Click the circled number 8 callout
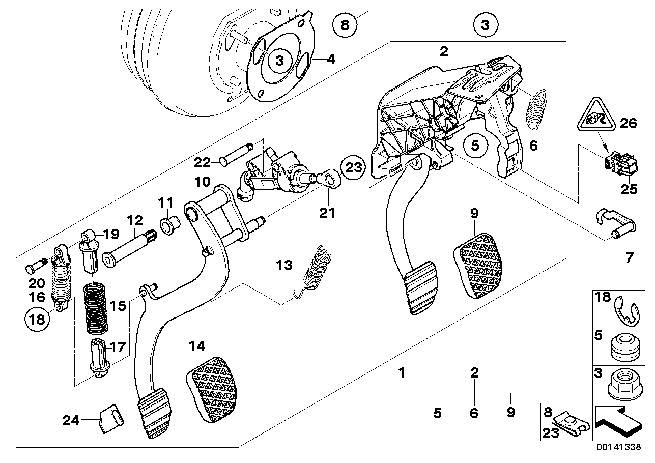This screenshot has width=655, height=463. coord(346,24)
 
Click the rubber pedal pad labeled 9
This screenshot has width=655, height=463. coord(477,265)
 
